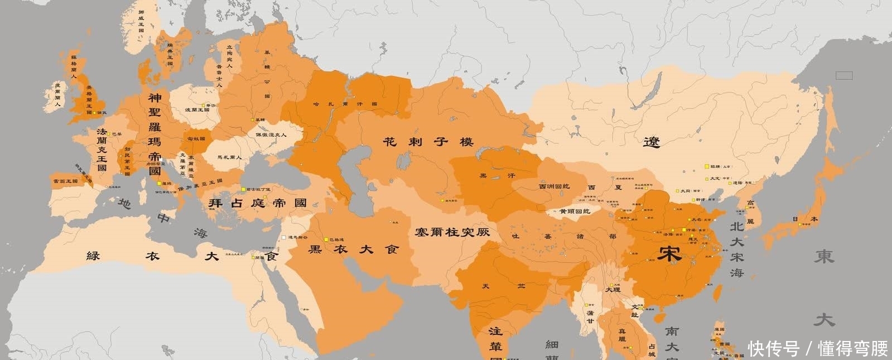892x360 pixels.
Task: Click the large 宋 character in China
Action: pyautogui.click(x=668, y=254)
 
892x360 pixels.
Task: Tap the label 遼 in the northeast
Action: pyautogui.click(x=651, y=142)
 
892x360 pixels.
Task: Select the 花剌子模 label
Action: pyautogui.click(x=428, y=142)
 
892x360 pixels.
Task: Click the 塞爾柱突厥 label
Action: pyautogui.click(x=452, y=231)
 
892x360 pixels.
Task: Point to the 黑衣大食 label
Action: pyautogui.click(x=354, y=249)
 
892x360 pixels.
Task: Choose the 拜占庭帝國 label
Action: pyautogui.click(x=258, y=203)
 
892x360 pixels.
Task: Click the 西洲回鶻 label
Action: pyautogui.click(x=553, y=186)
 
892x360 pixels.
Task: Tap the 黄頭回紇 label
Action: pyautogui.click(x=575, y=212)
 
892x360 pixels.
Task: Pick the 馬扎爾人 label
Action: pyautogui.click(x=229, y=157)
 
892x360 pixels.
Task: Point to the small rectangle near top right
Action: pyautogui.click(x=843, y=75)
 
